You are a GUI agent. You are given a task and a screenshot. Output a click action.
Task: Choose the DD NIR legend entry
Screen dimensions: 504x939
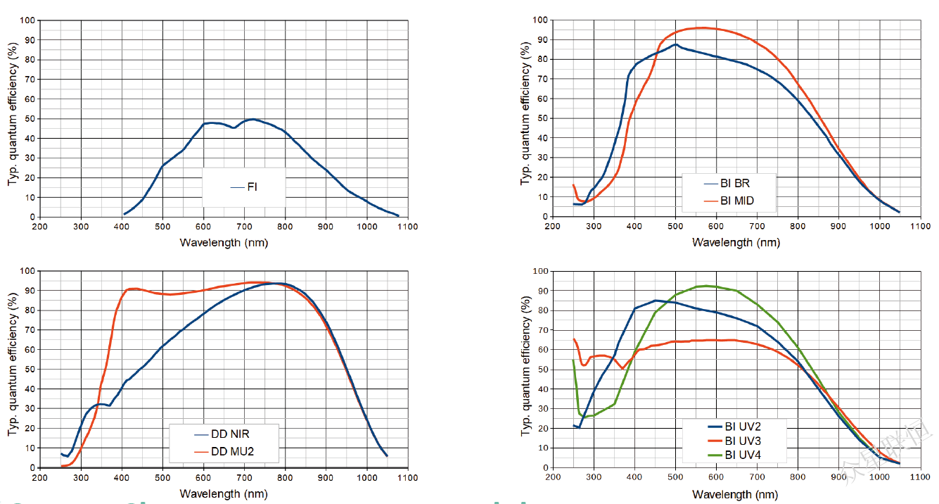click(229, 434)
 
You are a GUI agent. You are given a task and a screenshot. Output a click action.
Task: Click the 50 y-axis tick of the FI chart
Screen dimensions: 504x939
click(30, 119)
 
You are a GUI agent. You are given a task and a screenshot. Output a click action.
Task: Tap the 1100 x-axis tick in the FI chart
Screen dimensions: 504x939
click(407, 227)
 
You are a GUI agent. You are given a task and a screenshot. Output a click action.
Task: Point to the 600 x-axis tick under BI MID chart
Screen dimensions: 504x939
click(716, 227)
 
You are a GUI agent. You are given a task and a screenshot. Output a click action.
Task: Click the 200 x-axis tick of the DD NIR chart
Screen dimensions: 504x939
click(40, 477)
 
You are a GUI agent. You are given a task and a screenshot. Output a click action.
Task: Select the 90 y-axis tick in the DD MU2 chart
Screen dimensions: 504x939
click(30, 291)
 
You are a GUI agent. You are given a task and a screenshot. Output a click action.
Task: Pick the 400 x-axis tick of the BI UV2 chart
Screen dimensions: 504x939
click(634, 477)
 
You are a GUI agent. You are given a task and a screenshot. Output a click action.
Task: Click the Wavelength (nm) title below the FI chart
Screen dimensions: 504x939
click(224, 242)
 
